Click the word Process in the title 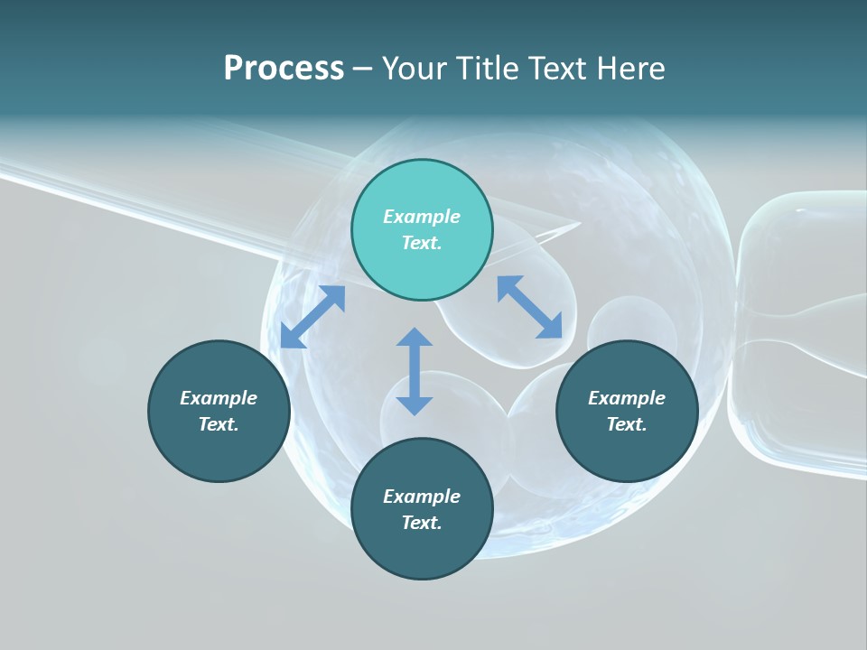tap(284, 69)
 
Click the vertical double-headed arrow tap(415, 371)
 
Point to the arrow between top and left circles tap(312, 317)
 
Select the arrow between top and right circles tap(530, 307)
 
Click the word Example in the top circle tap(422, 217)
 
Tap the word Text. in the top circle tap(422, 243)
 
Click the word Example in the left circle tap(219, 398)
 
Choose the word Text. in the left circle tap(219, 424)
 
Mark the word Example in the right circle tap(627, 398)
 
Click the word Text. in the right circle tap(627, 424)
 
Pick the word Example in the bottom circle tap(422, 497)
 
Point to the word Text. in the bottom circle tap(422, 523)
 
